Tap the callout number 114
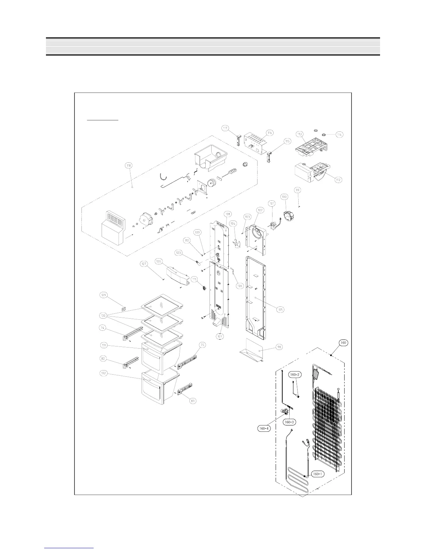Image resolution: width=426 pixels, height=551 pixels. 339,135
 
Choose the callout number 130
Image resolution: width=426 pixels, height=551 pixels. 103,316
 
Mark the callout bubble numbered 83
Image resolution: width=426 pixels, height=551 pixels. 193,401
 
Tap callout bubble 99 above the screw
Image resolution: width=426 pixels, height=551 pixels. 297,190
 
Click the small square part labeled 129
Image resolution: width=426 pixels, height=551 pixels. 124,308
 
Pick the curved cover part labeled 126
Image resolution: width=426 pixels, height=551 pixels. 178,278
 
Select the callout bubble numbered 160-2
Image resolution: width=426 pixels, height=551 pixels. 294,375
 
